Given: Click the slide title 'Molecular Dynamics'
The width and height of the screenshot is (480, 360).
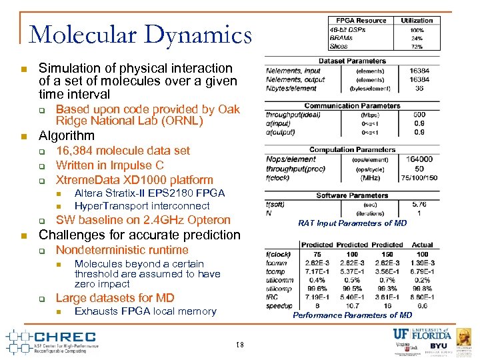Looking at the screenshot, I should [141, 35].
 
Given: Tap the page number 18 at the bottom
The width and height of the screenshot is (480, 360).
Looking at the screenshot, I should [240, 345].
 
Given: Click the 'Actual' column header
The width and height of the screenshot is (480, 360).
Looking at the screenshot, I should [422, 245].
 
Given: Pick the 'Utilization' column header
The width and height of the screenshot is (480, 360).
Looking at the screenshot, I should [417, 21].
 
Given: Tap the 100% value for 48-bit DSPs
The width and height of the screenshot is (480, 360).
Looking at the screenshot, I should [417, 30].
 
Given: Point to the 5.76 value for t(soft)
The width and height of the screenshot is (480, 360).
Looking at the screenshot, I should [419, 204].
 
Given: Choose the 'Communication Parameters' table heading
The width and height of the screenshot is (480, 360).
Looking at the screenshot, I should [351, 105].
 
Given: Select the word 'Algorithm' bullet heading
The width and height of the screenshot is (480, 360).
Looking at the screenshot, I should [67, 136].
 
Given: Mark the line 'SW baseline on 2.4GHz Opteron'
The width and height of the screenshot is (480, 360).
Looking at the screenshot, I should [143, 220].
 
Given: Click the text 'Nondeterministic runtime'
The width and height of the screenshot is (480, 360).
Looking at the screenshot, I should [122, 250].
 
